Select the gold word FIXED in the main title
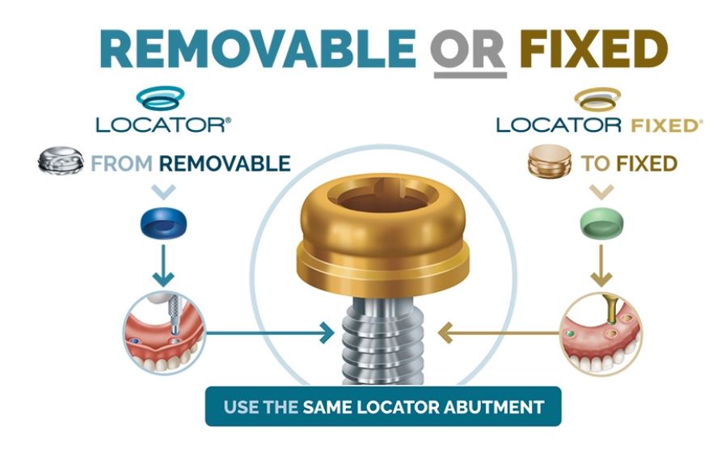593,49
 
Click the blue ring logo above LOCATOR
161,97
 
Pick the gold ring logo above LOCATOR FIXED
597,99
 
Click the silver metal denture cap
61,160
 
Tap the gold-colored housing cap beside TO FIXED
550,162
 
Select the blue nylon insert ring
163,222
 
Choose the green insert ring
601,222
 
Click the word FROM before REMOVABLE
121,163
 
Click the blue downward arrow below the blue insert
163,266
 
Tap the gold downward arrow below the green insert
601,266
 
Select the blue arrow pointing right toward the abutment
271,332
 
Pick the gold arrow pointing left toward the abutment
499,332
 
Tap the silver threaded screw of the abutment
383,340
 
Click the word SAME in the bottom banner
327,407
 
